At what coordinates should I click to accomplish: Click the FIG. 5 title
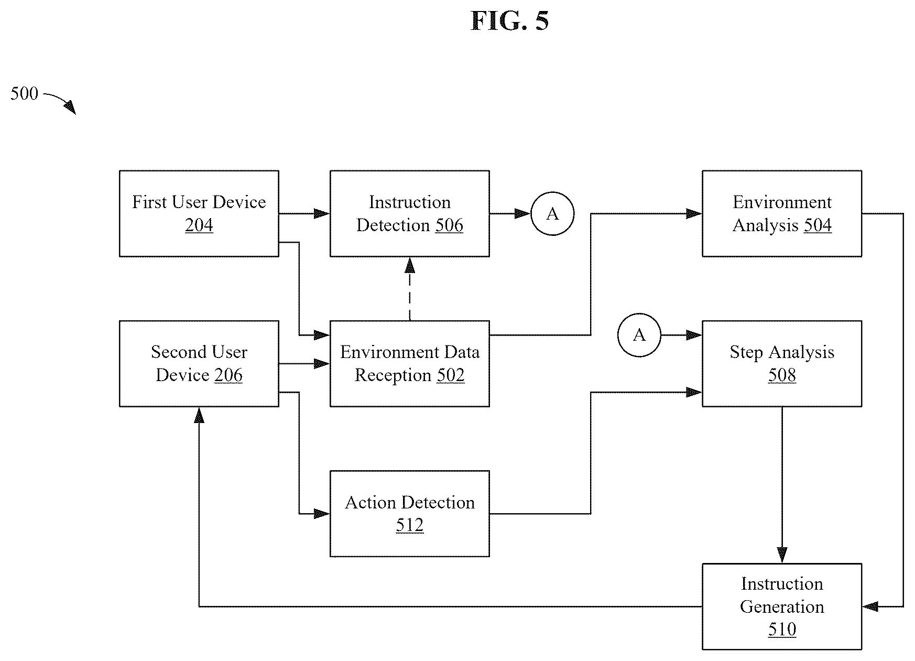point(509,21)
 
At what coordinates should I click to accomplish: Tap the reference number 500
point(25,94)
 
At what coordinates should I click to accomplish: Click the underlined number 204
point(199,225)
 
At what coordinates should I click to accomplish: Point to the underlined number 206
point(228,375)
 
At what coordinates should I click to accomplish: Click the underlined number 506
point(449,225)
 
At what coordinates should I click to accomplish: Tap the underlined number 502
point(450,375)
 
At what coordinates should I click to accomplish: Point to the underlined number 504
point(818,225)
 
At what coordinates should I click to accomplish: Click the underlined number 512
point(410,525)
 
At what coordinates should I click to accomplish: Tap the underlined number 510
point(782,630)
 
